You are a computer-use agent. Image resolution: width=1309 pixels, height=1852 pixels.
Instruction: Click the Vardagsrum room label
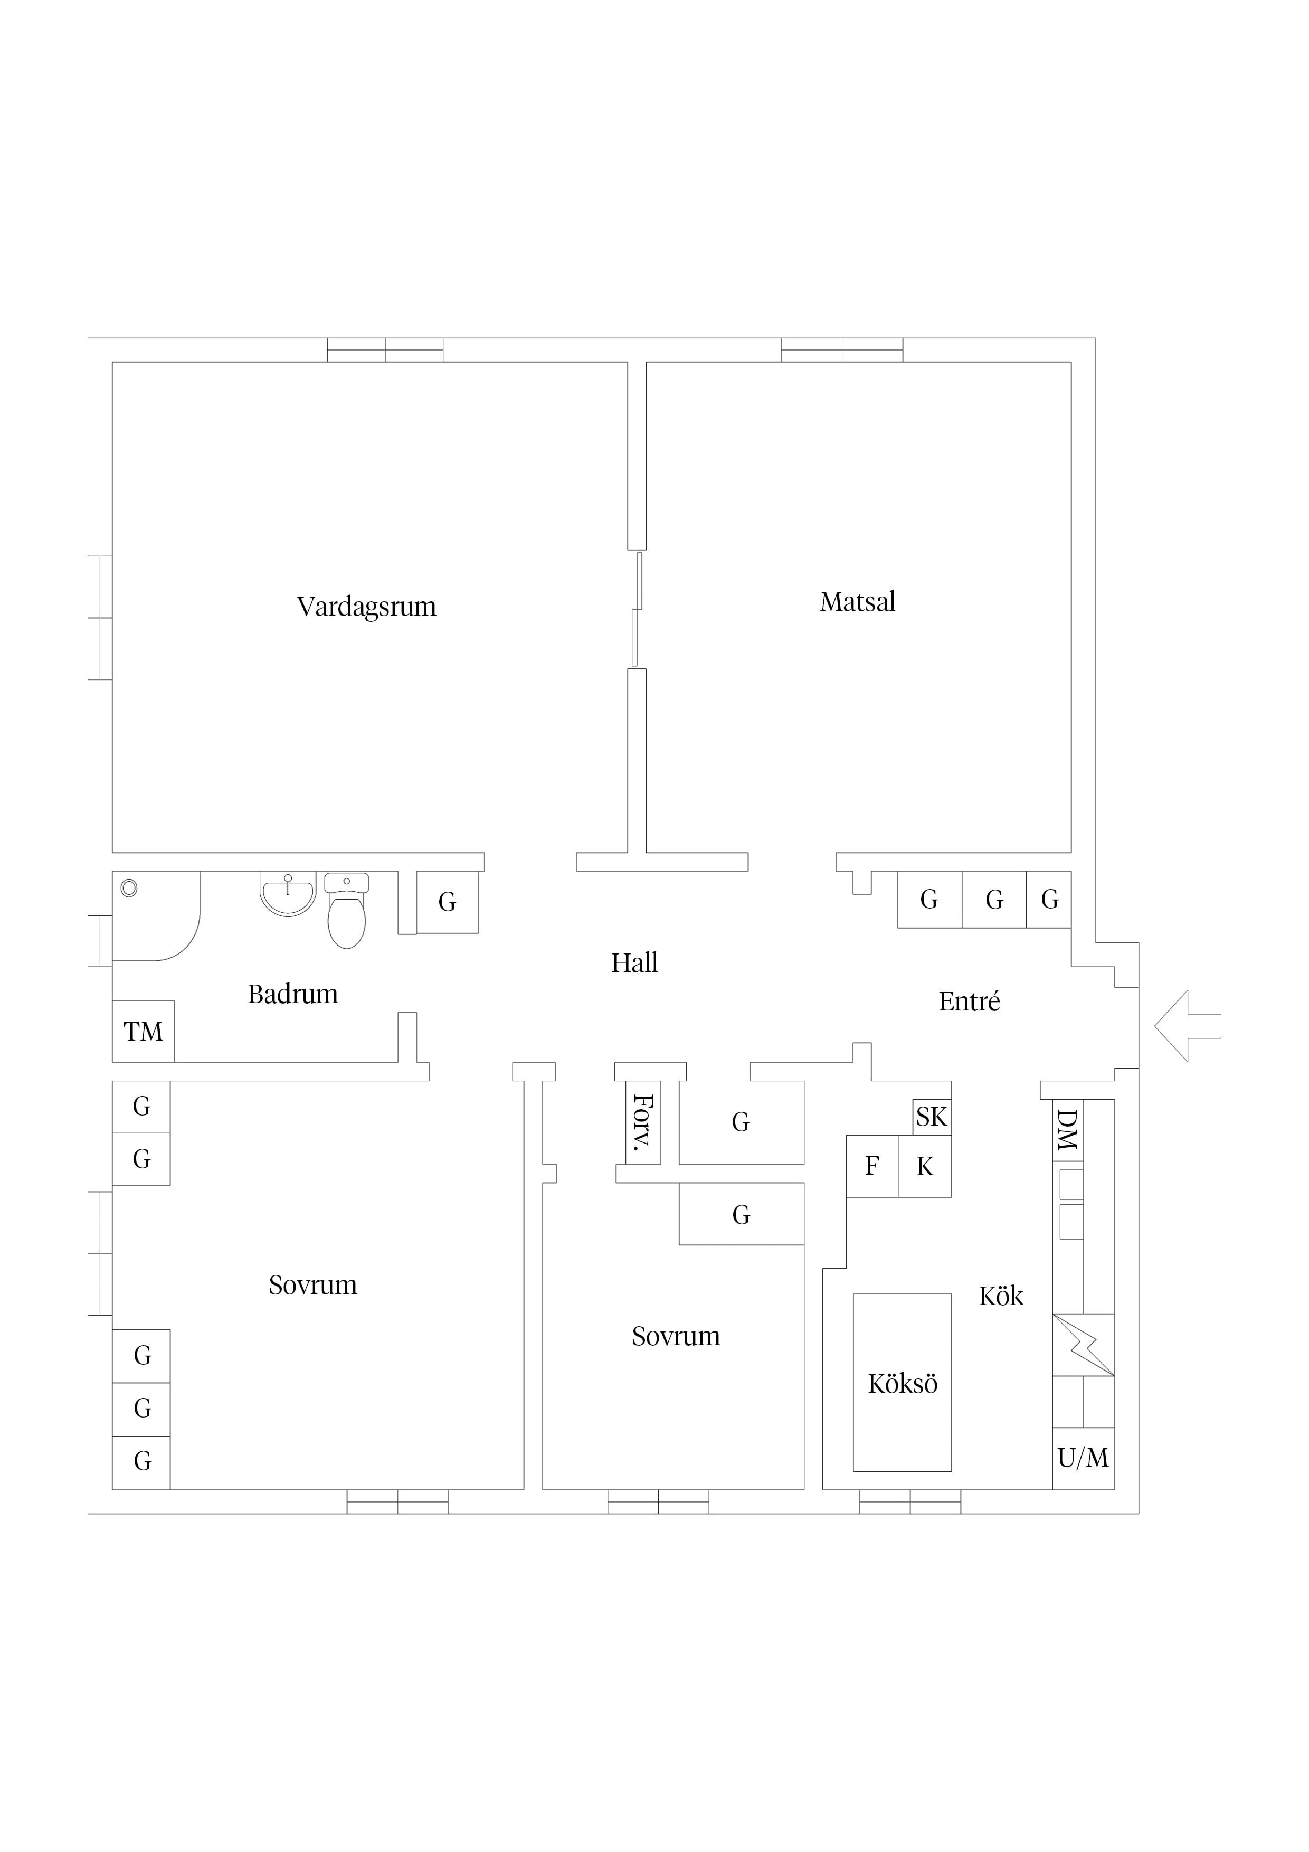(x=366, y=607)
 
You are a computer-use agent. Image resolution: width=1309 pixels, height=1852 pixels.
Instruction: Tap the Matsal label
(x=857, y=602)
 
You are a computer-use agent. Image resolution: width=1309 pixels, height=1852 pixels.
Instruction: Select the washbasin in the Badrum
(x=287, y=894)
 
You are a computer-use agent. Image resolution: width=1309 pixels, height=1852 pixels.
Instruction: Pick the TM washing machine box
(x=143, y=1031)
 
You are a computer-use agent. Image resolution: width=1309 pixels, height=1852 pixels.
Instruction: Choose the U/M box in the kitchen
(x=1083, y=1458)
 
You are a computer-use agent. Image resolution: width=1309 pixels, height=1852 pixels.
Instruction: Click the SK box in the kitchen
(x=932, y=1117)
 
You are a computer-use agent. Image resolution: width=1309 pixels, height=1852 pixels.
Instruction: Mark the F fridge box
(x=872, y=1166)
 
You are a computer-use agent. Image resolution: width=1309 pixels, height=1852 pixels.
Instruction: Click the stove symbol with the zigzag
(x=1083, y=1345)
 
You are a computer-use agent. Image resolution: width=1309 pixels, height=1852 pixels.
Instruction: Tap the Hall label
(x=635, y=962)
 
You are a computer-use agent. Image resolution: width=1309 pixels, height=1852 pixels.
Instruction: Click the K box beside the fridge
(x=925, y=1166)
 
